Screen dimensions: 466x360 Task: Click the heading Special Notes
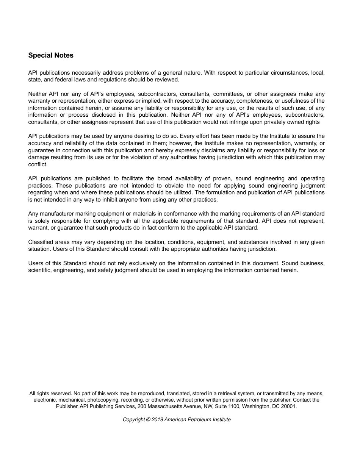[51, 55]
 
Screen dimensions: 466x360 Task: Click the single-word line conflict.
[38, 164]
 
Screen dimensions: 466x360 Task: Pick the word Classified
[41, 242]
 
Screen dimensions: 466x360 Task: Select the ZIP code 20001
[289, 406]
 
